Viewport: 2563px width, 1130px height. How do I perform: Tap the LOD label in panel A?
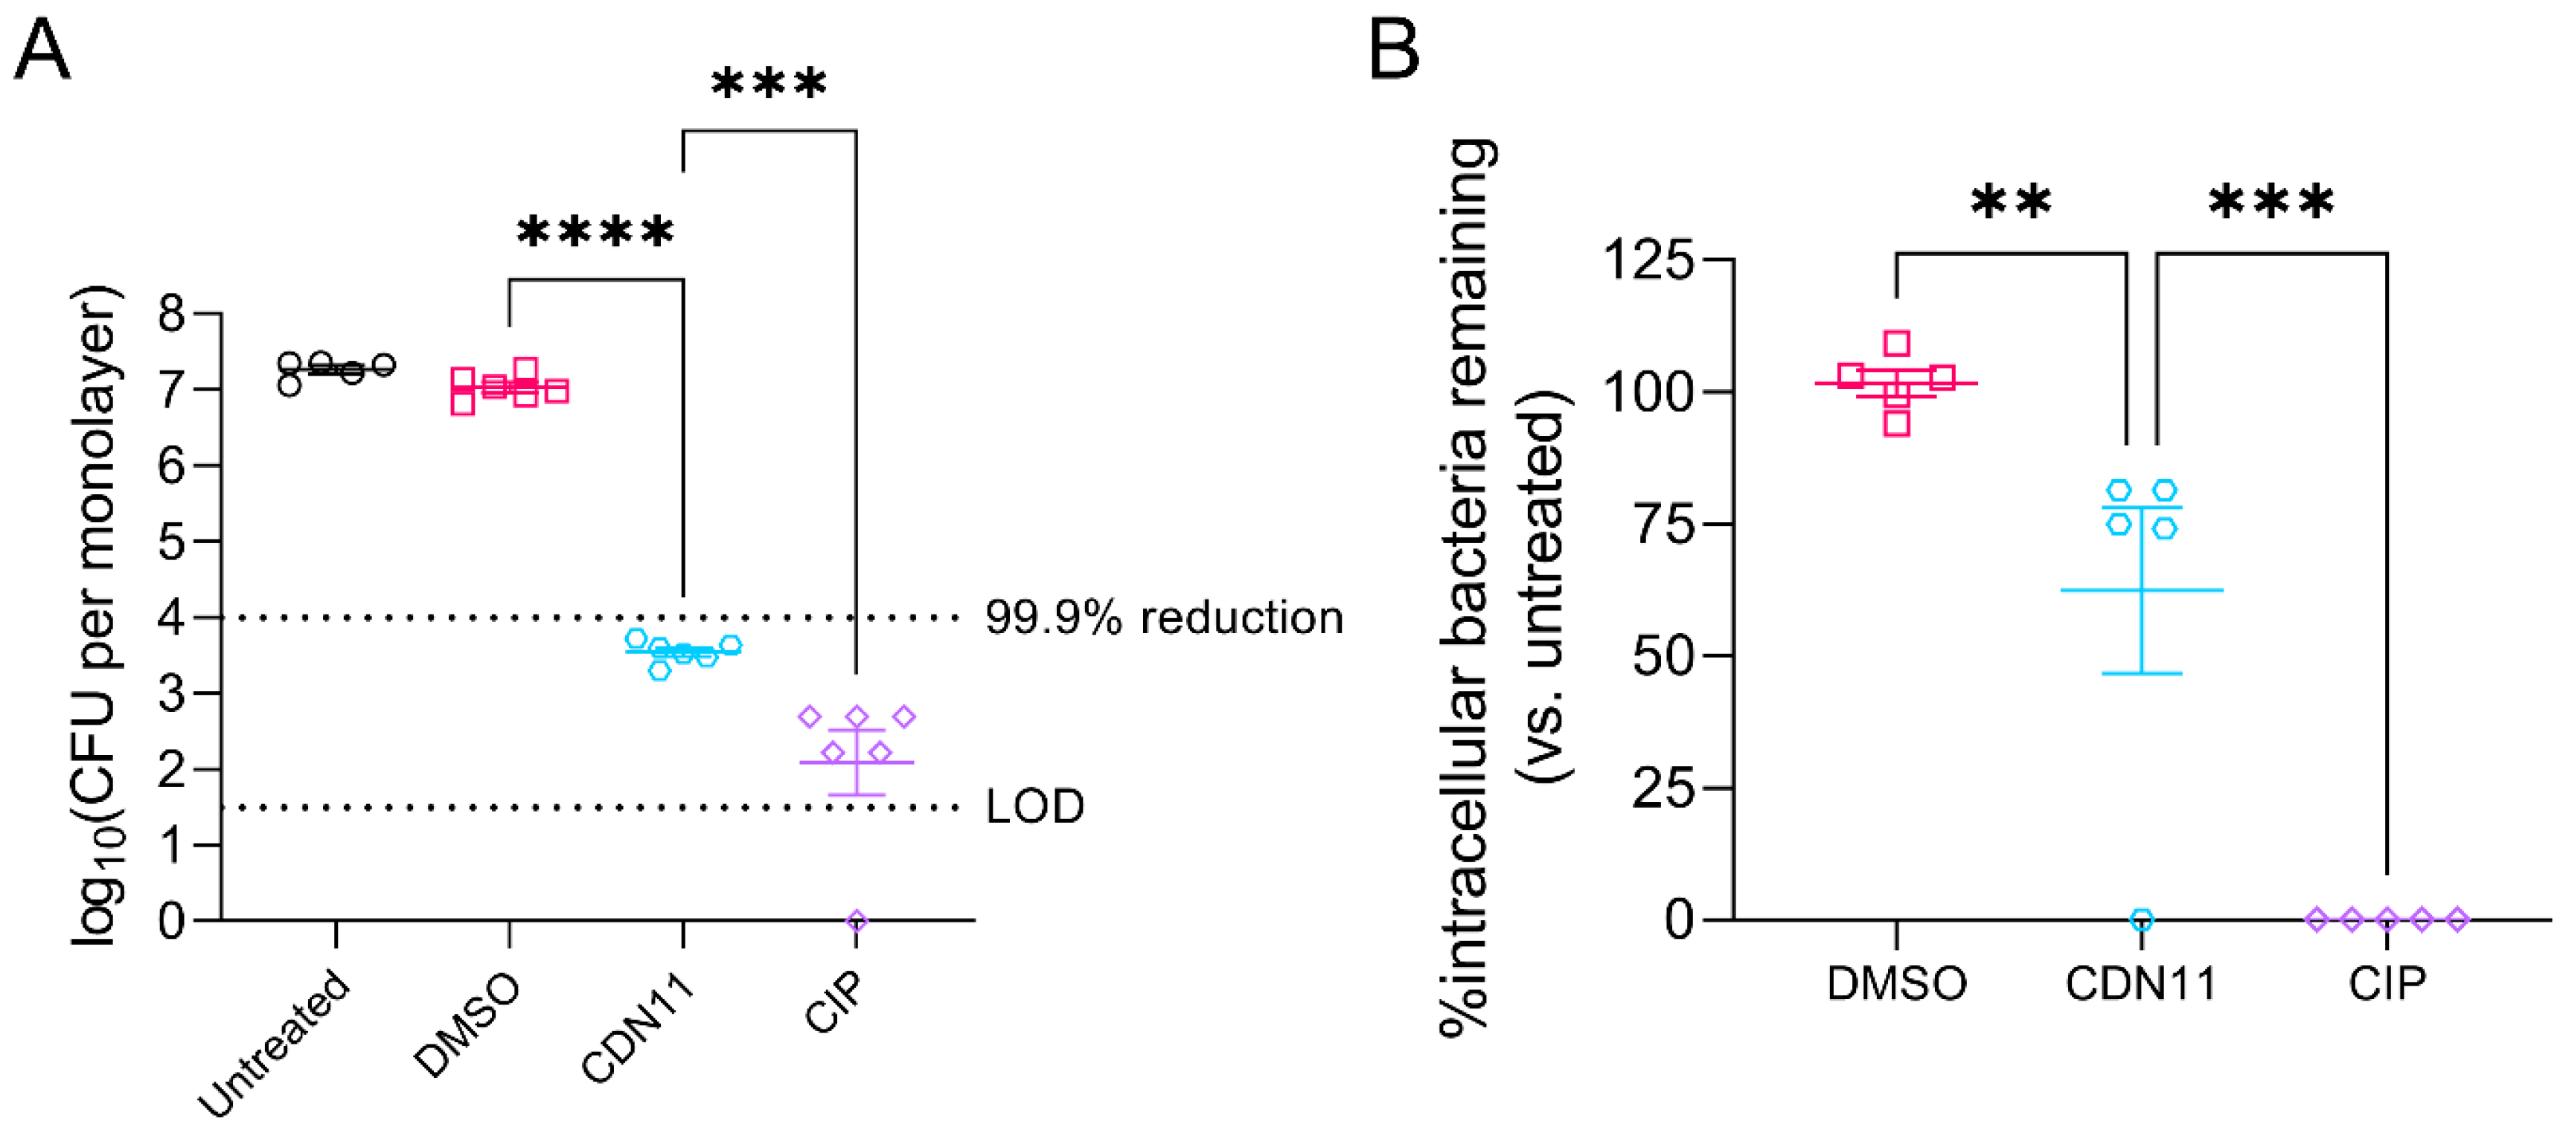[x=1034, y=806]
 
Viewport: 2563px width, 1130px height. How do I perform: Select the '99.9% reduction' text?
[x=1163, y=617]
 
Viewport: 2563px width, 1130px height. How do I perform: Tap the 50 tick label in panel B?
[x=1663, y=655]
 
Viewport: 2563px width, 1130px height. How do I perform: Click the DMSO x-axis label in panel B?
[x=1896, y=983]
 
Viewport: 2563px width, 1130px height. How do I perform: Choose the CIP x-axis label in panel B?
[x=2387, y=983]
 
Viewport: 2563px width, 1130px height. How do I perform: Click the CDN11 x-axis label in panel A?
[x=637, y=1030]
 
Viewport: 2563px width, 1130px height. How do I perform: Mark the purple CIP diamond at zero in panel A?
[x=857, y=920]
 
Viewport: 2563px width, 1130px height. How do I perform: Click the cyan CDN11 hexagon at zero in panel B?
[x=2142, y=919]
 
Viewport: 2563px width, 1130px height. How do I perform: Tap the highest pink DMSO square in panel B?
[x=1896, y=343]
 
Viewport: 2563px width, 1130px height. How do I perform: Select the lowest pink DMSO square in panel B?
[x=1896, y=424]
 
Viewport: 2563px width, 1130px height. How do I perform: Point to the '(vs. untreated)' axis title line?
[x=1544, y=587]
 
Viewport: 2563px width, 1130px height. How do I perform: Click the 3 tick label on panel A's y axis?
[x=172, y=693]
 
